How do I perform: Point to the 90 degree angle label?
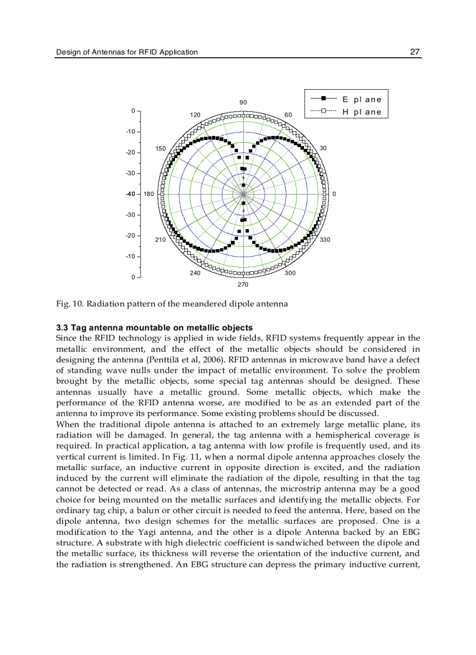point(243,103)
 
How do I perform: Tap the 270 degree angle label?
point(243,285)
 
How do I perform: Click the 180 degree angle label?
point(149,194)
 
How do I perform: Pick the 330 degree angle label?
point(325,240)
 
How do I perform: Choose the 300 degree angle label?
point(290,273)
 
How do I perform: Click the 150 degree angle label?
point(161,149)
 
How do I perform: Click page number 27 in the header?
point(415,52)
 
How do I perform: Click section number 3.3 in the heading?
point(62,328)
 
